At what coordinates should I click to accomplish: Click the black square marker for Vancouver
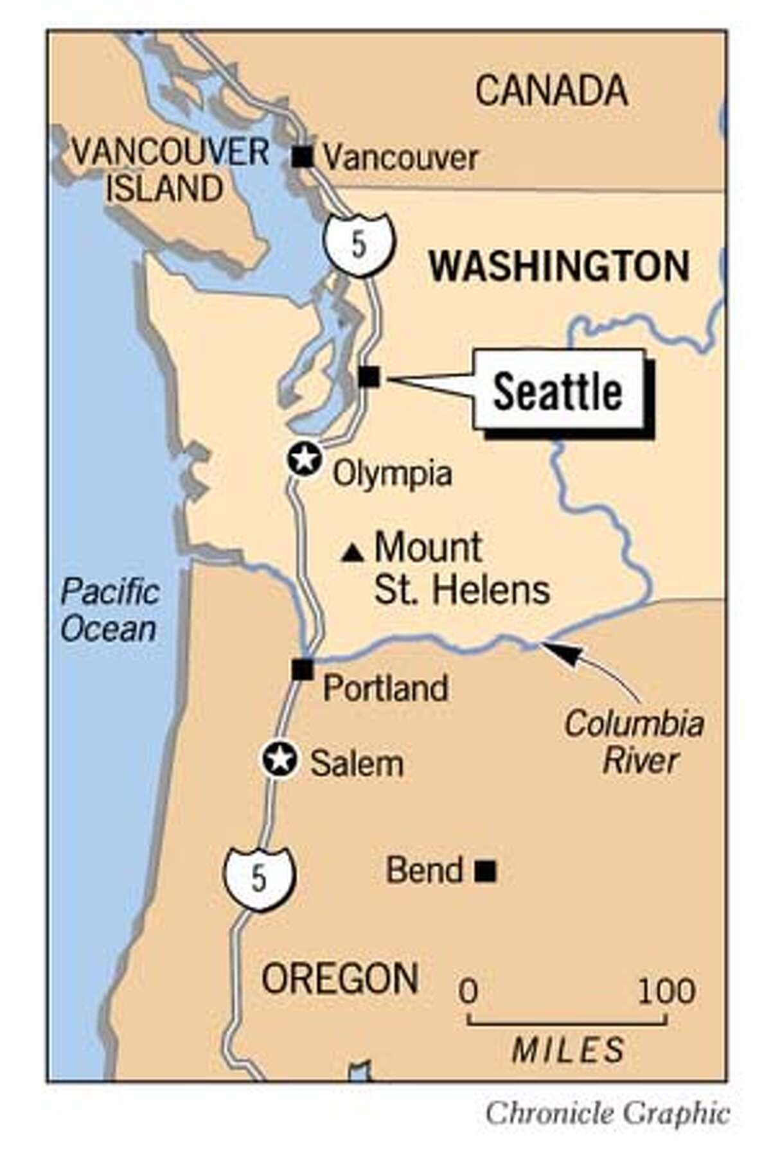point(302,157)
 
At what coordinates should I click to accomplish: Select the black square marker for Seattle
point(369,376)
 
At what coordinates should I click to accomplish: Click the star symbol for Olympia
point(304,459)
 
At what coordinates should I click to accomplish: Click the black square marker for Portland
point(302,669)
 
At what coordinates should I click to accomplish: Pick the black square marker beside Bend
point(485,871)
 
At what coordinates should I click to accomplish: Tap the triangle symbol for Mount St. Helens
point(351,552)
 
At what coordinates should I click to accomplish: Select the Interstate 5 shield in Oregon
point(259,877)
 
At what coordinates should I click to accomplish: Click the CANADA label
point(551,91)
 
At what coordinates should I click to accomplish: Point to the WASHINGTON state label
point(559,267)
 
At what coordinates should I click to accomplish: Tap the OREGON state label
point(340,979)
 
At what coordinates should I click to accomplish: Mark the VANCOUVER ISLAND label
point(168,171)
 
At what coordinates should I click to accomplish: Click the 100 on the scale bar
point(666,991)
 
